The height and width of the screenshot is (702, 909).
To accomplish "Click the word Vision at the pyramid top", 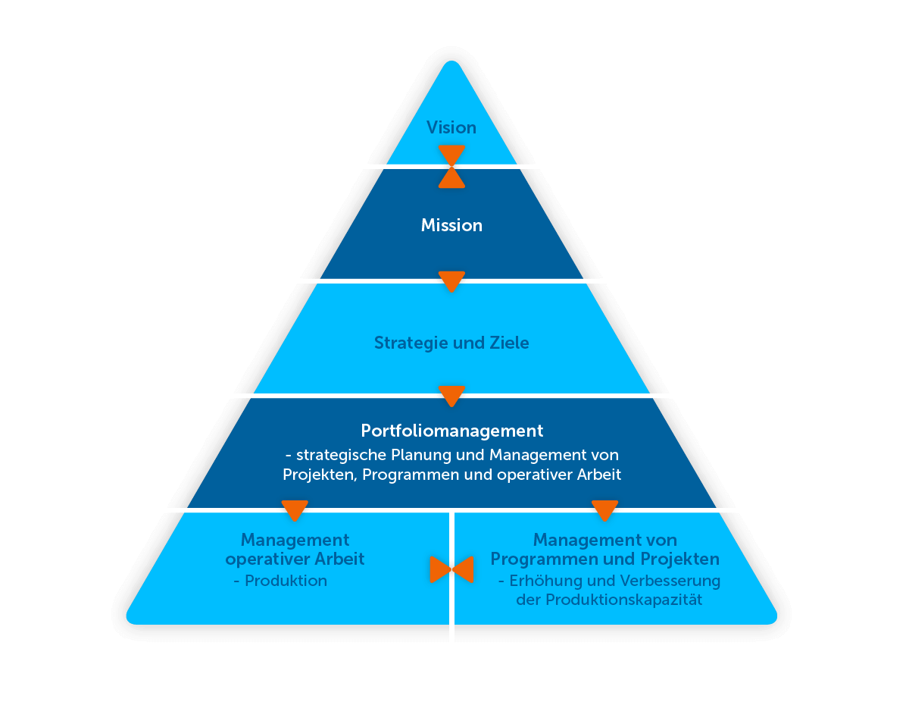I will click(x=451, y=127).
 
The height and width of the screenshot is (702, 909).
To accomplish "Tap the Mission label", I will click(x=451, y=225).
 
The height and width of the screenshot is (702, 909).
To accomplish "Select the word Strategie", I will click(x=411, y=343).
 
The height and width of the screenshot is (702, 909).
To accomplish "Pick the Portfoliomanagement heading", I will click(x=452, y=431).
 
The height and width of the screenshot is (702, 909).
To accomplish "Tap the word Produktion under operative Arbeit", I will click(x=286, y=581).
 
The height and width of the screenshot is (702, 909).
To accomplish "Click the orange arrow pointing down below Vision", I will click(x=451, y=153).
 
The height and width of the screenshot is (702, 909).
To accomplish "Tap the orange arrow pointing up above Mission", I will click(x=451, y=180).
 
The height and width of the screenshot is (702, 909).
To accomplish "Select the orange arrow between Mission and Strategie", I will click(x=451, y=280).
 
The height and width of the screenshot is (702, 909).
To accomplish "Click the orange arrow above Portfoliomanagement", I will click(x=451, y=396).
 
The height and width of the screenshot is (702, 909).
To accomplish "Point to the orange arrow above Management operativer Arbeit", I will click(x=295, y=510).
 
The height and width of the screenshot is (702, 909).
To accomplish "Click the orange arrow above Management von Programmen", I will click(x=604, y=510).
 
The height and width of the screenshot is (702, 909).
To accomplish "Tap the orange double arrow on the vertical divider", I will click(x=451, y=569).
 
